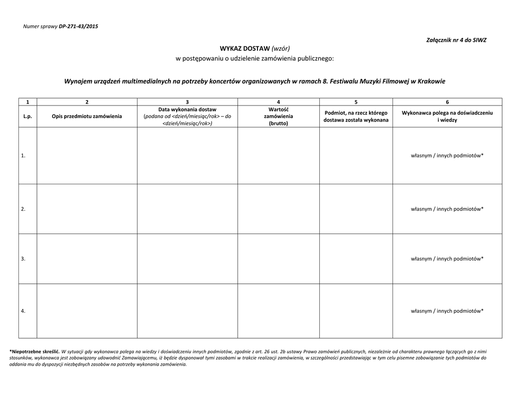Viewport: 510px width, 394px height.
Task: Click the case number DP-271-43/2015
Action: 78,26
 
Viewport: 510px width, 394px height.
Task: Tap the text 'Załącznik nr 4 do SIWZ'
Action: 456,39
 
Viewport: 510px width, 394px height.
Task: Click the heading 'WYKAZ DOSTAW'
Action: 245,48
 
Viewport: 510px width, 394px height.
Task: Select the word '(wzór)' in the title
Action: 280,48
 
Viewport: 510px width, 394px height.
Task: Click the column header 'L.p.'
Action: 27,116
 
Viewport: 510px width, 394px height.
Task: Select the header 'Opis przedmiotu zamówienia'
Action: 87,116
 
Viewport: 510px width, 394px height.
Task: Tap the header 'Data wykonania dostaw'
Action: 187,109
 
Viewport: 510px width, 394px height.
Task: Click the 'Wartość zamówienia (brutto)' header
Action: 278,116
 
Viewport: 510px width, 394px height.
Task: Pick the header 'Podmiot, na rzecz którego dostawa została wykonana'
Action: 356,117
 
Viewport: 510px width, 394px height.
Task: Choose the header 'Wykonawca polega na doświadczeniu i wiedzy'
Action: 447,117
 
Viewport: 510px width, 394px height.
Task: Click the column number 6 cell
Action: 447,102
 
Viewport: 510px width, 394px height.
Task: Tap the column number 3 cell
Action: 187,102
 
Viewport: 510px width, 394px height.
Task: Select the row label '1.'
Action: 23,156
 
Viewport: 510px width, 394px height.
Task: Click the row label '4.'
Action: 23,311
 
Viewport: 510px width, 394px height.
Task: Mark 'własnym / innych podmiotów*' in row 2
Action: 447,209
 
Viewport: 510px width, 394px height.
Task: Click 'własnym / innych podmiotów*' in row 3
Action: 447,259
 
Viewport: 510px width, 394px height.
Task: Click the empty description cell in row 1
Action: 87,156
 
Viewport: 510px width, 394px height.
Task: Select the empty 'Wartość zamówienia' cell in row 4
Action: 278,311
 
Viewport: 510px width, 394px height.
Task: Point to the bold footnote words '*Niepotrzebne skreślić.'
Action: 34,352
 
